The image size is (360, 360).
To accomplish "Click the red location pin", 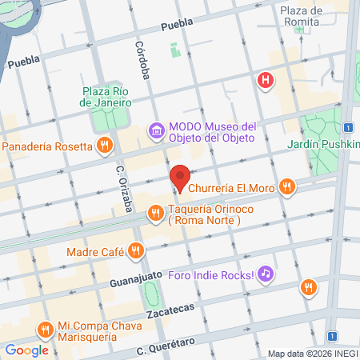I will point(180,178).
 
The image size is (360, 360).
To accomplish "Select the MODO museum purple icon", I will point(156,130).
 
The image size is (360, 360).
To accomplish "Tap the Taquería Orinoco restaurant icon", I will point(156,212).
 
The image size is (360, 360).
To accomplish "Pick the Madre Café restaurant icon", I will point(137,250).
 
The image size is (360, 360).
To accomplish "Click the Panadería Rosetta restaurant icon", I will point(104,146).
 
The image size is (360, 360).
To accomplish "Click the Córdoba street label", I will point(142,60).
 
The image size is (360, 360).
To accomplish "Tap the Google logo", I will point(26,350).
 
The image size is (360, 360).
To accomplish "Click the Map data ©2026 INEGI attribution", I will point(312,354).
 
